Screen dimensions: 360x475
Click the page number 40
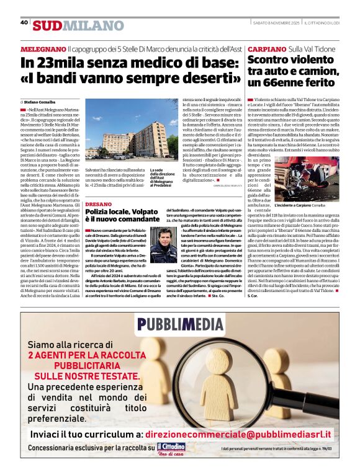tap(24, 22)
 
